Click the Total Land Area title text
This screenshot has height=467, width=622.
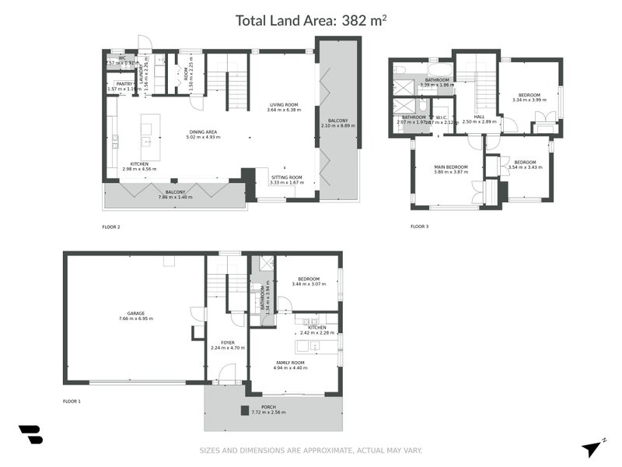click(311, 21)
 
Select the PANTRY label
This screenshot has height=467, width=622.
click(124, 86)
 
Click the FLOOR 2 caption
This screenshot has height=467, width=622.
click(111, 227)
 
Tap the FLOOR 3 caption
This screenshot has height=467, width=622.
click(420, 227)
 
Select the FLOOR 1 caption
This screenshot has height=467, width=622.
click(72, 402)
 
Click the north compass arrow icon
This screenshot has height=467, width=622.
click(593, 448)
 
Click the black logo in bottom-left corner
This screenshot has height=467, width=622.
click(30, 435)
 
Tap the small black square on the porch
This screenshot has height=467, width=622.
click(244, 411)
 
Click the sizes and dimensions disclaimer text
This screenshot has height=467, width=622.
click(311, 451)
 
